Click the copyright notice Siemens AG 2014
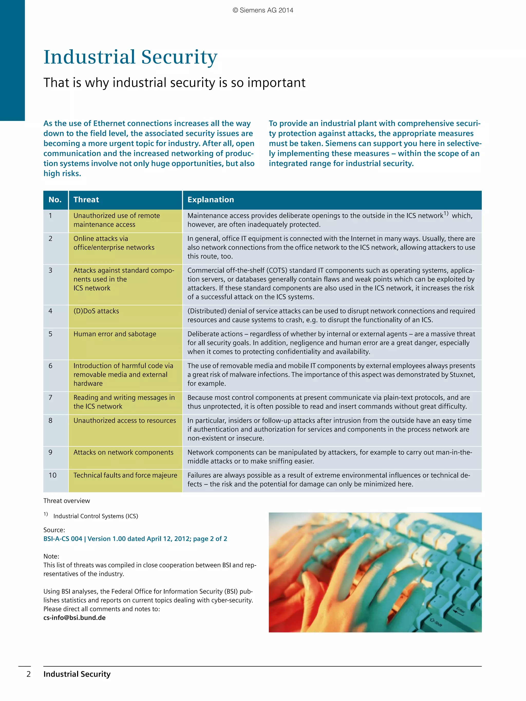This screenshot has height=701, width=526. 263,10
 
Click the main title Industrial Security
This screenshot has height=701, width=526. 130,57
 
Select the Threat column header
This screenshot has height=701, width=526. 86,200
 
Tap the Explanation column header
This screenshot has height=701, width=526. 211,200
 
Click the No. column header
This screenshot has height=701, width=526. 55,200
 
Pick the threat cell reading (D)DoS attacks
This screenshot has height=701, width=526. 96,311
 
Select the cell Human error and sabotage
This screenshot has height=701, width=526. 115,334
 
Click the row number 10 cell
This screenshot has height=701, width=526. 53,475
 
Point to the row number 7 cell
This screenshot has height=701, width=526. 50,397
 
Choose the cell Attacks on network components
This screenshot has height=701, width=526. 123,452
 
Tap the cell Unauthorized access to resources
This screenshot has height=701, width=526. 125,420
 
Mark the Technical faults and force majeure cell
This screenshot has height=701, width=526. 125,475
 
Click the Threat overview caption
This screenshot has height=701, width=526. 67,501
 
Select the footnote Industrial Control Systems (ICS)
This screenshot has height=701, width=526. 96,516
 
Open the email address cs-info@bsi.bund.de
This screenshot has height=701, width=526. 74,618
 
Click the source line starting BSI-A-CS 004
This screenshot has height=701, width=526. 135,539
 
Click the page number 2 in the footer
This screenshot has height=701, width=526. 29,674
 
